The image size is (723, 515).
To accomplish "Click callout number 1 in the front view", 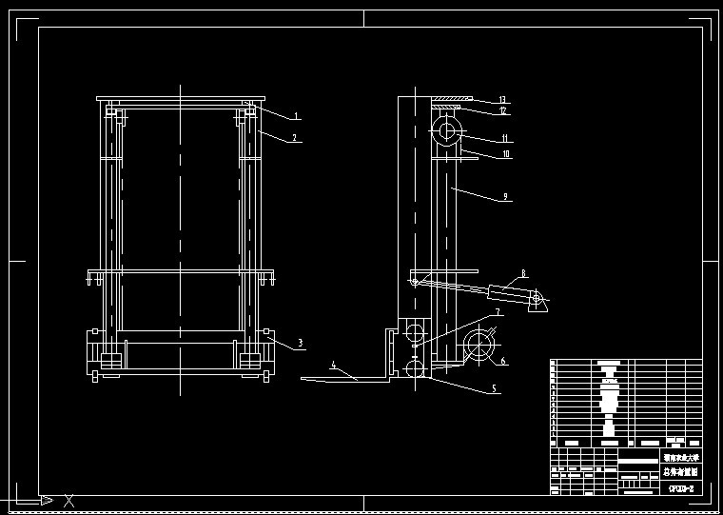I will coord(297,116).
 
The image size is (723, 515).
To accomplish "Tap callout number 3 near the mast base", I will coord(301,343).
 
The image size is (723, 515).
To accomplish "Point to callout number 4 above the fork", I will coord(333,365).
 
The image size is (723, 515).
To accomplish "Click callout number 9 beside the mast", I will coord(505,198).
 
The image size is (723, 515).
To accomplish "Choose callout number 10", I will coord(506,153).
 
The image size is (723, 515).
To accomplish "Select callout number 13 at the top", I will coord(503,100).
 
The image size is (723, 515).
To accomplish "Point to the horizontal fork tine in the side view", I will coord(342,379).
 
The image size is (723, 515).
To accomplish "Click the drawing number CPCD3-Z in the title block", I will coord(680,488).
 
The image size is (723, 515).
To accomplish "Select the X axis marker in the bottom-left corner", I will coord(68,500).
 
